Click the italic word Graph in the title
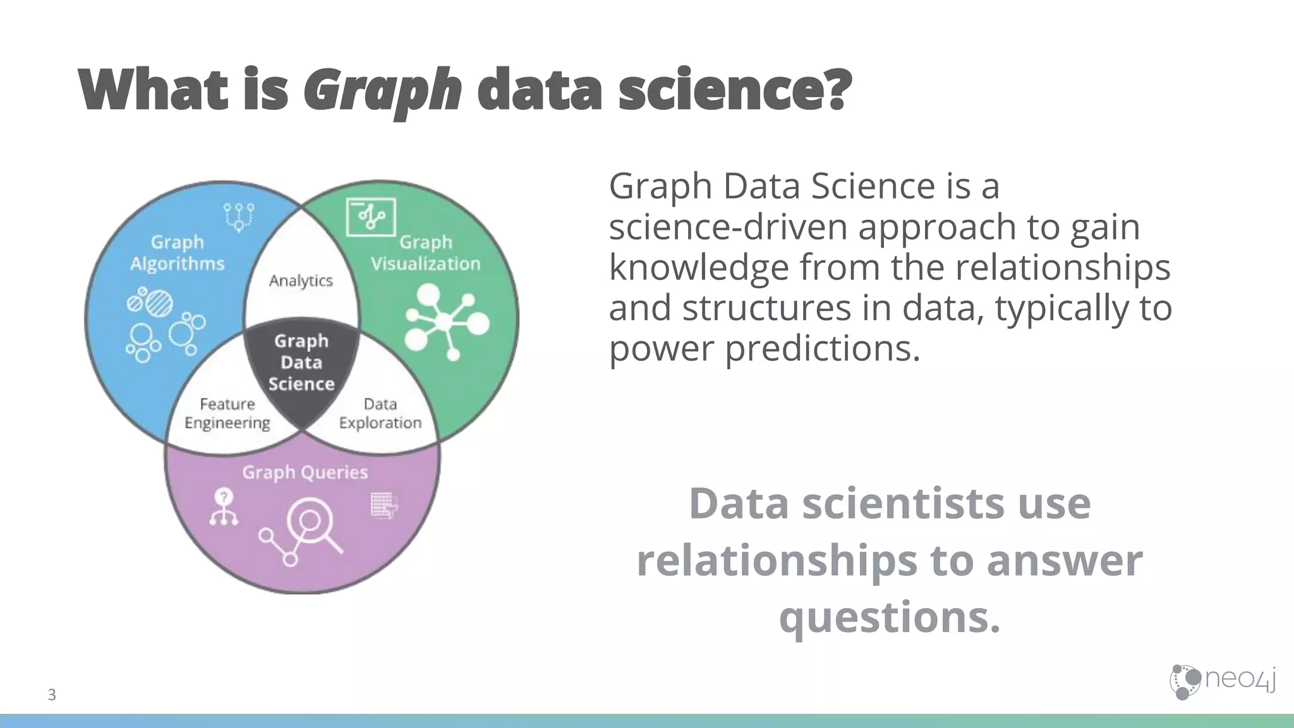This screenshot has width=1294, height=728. coord(382,90)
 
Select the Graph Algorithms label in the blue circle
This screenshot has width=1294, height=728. coord(178,253)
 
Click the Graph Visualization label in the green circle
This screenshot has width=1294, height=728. coord(425,253)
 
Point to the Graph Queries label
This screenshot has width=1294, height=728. coord(305,473)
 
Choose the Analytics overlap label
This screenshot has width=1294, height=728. coord(301,281)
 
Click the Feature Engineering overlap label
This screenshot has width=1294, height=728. coord(227,413)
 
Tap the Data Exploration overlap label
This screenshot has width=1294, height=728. coord(380,413)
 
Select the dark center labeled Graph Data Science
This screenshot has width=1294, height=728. coord(301,363)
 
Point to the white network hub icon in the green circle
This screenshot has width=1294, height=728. coord(446,322)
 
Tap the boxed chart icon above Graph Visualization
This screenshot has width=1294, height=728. coord(371,217)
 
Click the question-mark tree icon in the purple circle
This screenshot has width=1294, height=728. coord(224,507)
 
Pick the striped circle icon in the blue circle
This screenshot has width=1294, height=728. coord(158,303)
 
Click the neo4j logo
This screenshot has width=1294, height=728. coord(1222,681)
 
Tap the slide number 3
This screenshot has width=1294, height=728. coord(52,695)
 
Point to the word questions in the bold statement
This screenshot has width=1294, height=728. coord(890,617)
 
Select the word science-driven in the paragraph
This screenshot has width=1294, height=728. coord(727,227)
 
